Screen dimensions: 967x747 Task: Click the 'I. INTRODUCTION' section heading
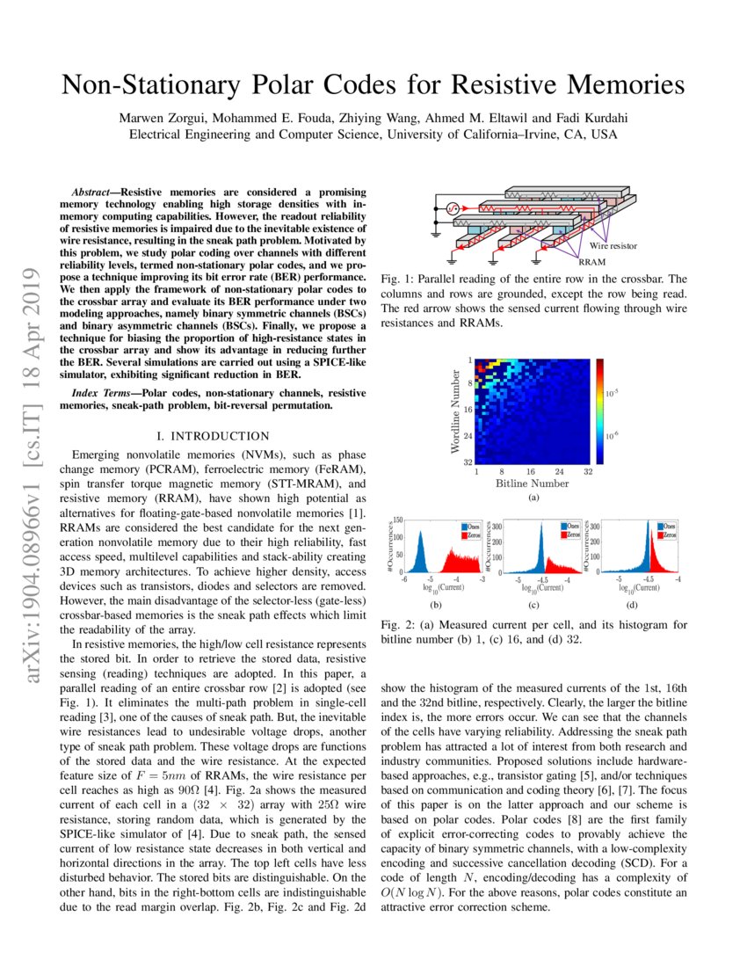click(212, 436)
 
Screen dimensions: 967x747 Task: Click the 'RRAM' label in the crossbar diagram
click(591, 261)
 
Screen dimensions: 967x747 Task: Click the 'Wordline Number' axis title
click(455, 410)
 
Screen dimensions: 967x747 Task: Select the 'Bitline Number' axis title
click(532, 484)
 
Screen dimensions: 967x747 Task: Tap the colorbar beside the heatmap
click(600, 410)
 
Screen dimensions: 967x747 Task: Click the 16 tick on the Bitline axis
click(530, 471)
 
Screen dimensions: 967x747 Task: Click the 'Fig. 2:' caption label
click(397, 625)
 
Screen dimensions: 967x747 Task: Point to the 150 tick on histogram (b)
click(397, 520)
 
